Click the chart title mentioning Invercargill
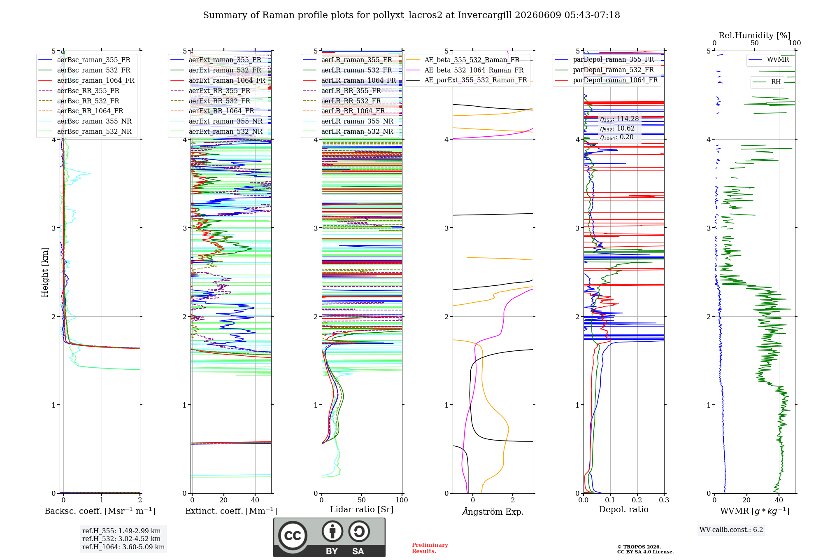click(x=411, y=15)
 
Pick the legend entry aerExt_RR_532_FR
click(x=219, y=101)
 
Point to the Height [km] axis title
click(x=45, y=272)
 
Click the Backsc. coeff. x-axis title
click(x=100, y=511)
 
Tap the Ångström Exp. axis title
click(x=493, y=511)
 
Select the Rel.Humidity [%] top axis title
click(x=755, y=35)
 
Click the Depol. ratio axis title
click(x=624, y=509)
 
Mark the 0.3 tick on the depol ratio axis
click(x=664, y=500)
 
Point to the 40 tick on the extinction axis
click(x=255, y=500)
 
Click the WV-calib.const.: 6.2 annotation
click(x=731, y=530)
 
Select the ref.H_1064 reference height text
click(x=123, y=547)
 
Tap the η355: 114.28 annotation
click(x=619, y=119)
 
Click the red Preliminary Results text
click(x=430, y=548)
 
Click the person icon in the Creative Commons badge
click(x=332, y=532)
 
